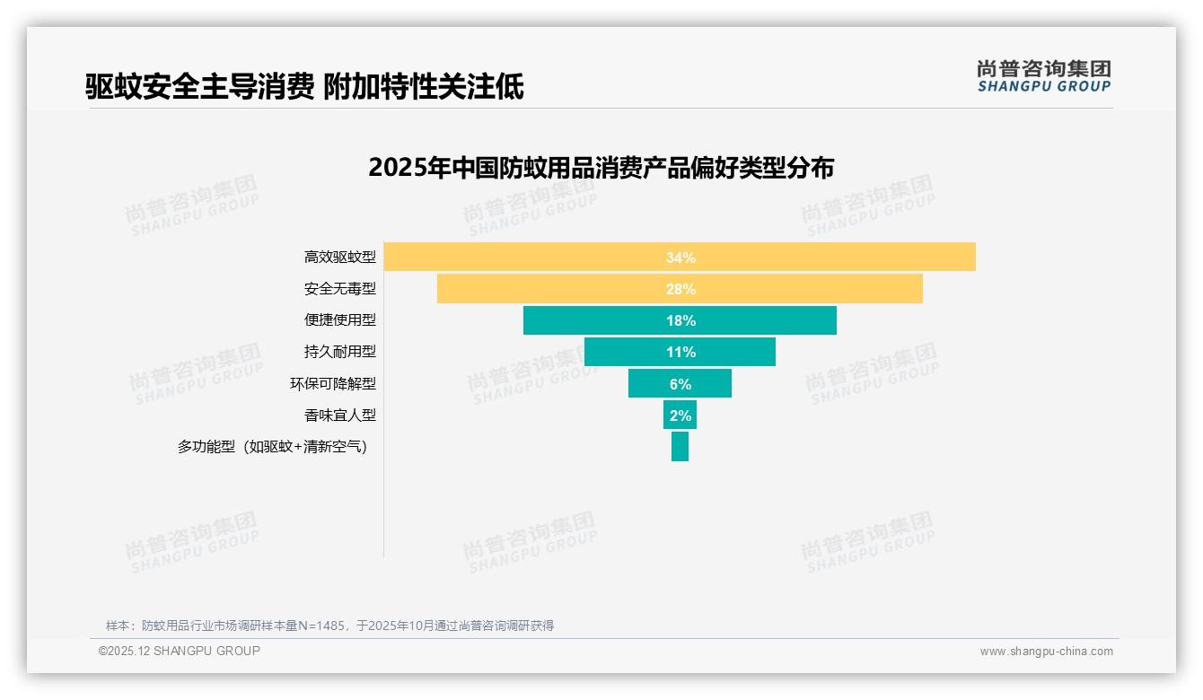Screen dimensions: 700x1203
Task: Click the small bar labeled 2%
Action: click(680, 415)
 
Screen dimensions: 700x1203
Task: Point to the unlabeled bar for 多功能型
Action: click(680, 446)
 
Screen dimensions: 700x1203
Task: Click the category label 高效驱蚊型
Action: click(339, 258)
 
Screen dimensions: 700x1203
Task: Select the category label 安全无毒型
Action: click(339, 289)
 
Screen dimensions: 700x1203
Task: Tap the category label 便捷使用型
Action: click(339, 320)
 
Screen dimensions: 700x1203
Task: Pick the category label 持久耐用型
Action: click(339, 352)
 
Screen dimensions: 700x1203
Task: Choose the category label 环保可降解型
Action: click(332, 383)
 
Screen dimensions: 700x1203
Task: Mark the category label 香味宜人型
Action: click(339, 415)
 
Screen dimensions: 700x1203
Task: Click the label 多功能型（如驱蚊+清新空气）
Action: click(273, 446)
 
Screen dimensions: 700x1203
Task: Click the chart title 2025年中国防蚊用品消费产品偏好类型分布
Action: click(601, 168)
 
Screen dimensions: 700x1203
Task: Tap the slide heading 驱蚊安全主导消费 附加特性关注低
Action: click(304, 86)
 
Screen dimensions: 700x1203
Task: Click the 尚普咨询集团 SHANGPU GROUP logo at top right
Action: click(1043, 75)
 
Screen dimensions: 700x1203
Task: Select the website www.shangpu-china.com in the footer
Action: click(1046, 652)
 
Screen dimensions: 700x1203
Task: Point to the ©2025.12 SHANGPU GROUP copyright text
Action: click(179, 651)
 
